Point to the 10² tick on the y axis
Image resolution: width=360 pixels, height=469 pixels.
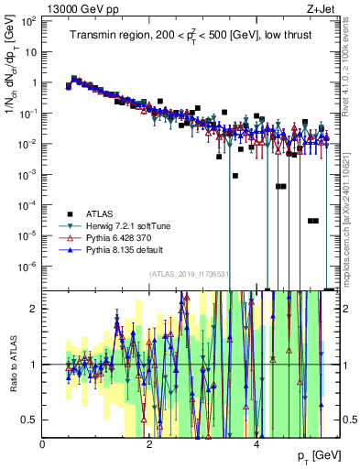pyautogui.click(x=29, y=21)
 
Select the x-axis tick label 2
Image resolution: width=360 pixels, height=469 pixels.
pyautogui.click(x=150, y=443)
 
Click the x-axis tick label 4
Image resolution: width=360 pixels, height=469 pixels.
pyautogui.click(x=256, y=443)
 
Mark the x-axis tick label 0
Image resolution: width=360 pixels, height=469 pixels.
pyautogui.click(x=43, y=443)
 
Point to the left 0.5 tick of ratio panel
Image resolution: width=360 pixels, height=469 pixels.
pyautogui.click(x=29, y=420)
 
